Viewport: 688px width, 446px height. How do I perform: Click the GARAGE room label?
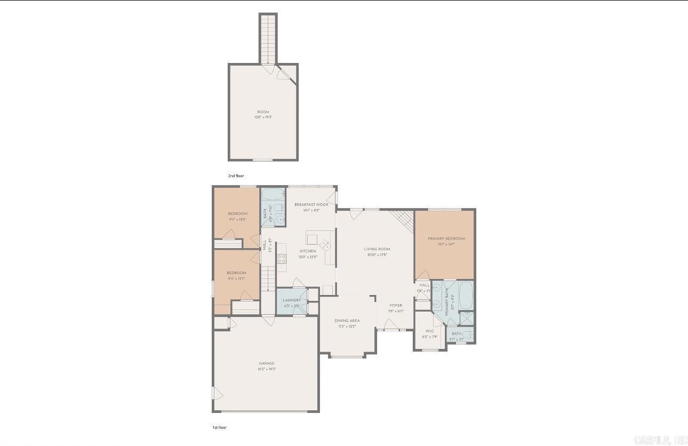tap(267, 363)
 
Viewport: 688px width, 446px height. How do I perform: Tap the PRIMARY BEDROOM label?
tap(446, 238)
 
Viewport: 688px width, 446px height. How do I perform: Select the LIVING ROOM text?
tap(377, 249)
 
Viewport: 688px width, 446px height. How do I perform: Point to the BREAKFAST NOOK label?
tap(311, 204)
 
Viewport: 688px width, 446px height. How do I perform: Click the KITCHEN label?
tap(308, 251)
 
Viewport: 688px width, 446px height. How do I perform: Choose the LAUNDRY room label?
tap(292, 300)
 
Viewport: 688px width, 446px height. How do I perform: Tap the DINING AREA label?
tap(347, 321)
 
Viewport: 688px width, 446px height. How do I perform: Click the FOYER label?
tap(396, 305)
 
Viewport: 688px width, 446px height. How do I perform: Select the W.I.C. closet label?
tap(430, 331)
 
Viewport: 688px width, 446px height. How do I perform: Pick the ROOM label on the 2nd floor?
tap(263, 112)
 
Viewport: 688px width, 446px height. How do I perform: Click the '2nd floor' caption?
tap(236, 176)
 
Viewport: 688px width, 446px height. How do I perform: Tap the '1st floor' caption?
tap(219, 427)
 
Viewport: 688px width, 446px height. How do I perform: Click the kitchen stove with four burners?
tap(282, 258)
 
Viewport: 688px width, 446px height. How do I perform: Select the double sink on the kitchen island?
tap(325, 245)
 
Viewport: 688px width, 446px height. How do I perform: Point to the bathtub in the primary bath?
tap(466, 296)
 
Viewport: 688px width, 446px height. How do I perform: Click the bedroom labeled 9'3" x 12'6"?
tap(238, 219)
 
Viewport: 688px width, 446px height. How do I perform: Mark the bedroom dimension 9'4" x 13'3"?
tap(236, 278)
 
